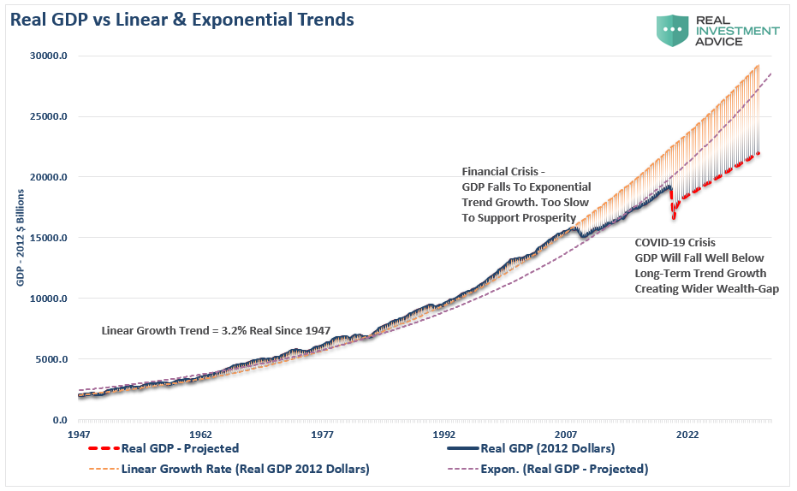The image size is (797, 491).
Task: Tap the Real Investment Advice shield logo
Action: coord(674,30)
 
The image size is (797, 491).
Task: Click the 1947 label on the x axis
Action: coord(79,435)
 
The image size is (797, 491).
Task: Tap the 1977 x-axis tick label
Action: coord(322,435)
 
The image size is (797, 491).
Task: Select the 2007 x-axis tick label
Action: coord(566,435)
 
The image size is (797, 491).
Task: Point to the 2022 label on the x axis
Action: coord(687,435)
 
